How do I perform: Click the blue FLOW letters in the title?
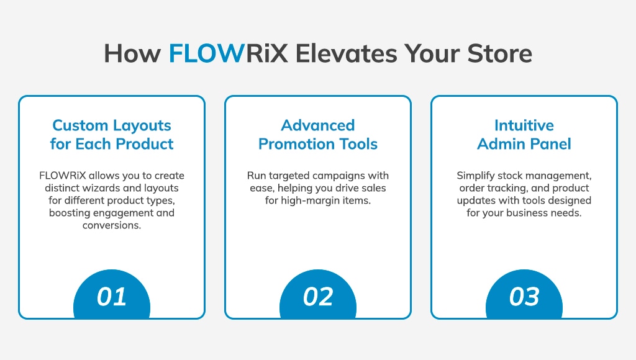[x=206, y=53]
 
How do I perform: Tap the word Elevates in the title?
[x=346, y=53]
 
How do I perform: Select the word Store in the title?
[x=500, y=53]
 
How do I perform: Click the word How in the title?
[x=132, y=53]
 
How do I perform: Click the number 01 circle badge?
[x=112, y=294]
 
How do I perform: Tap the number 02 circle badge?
[x=318, y=294]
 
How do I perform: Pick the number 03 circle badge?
[x=524, y=294]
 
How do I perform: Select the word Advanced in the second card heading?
[x=318, y=125]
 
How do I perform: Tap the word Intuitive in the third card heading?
[x=524, y=125]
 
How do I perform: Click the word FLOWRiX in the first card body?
[x=63, y=176]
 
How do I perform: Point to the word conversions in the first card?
[x=112, y=225]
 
